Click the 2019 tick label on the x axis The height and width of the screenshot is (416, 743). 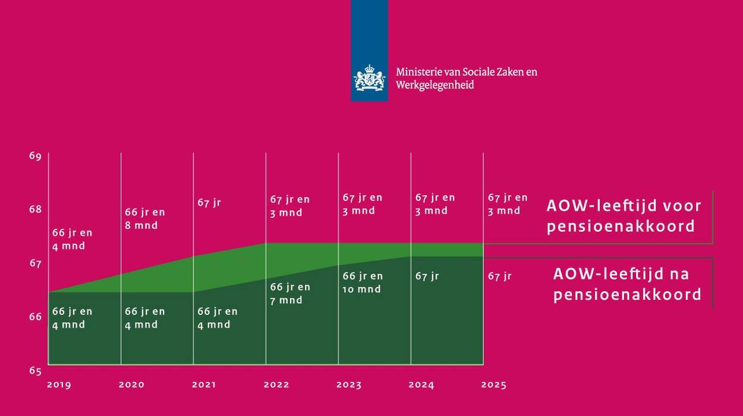coord(59,385)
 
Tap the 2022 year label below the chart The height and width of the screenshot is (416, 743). coord(276,385)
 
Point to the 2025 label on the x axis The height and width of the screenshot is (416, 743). coord(494,385)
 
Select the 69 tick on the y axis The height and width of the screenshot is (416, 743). coord(35,156)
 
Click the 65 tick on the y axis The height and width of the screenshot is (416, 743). coord(35,371)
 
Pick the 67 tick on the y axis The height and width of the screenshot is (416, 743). coord(35,263)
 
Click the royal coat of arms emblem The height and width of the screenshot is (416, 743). coord(369,78)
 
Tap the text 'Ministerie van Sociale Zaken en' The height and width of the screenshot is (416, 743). coord(467,72)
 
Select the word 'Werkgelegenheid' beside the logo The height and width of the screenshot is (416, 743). coord(435,85)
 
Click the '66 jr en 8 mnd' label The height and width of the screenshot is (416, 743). coord(144,219)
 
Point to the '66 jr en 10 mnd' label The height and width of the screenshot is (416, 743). coord(363,283)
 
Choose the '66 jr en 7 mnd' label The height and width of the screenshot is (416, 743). coord(290,294)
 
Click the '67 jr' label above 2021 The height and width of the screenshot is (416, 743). coord(209,203)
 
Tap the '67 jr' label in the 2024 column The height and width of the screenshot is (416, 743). coord(427,276)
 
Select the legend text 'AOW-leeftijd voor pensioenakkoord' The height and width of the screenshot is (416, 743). coord(624,216)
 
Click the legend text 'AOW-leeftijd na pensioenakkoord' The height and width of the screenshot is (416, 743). coord(626,284)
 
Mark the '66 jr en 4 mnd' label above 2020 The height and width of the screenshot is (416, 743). coord(144,318)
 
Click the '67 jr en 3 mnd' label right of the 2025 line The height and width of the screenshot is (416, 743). coord(508,204)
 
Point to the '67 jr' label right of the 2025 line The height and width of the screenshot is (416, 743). coord(499,276)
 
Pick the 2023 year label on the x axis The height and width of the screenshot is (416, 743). coord(349,385)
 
